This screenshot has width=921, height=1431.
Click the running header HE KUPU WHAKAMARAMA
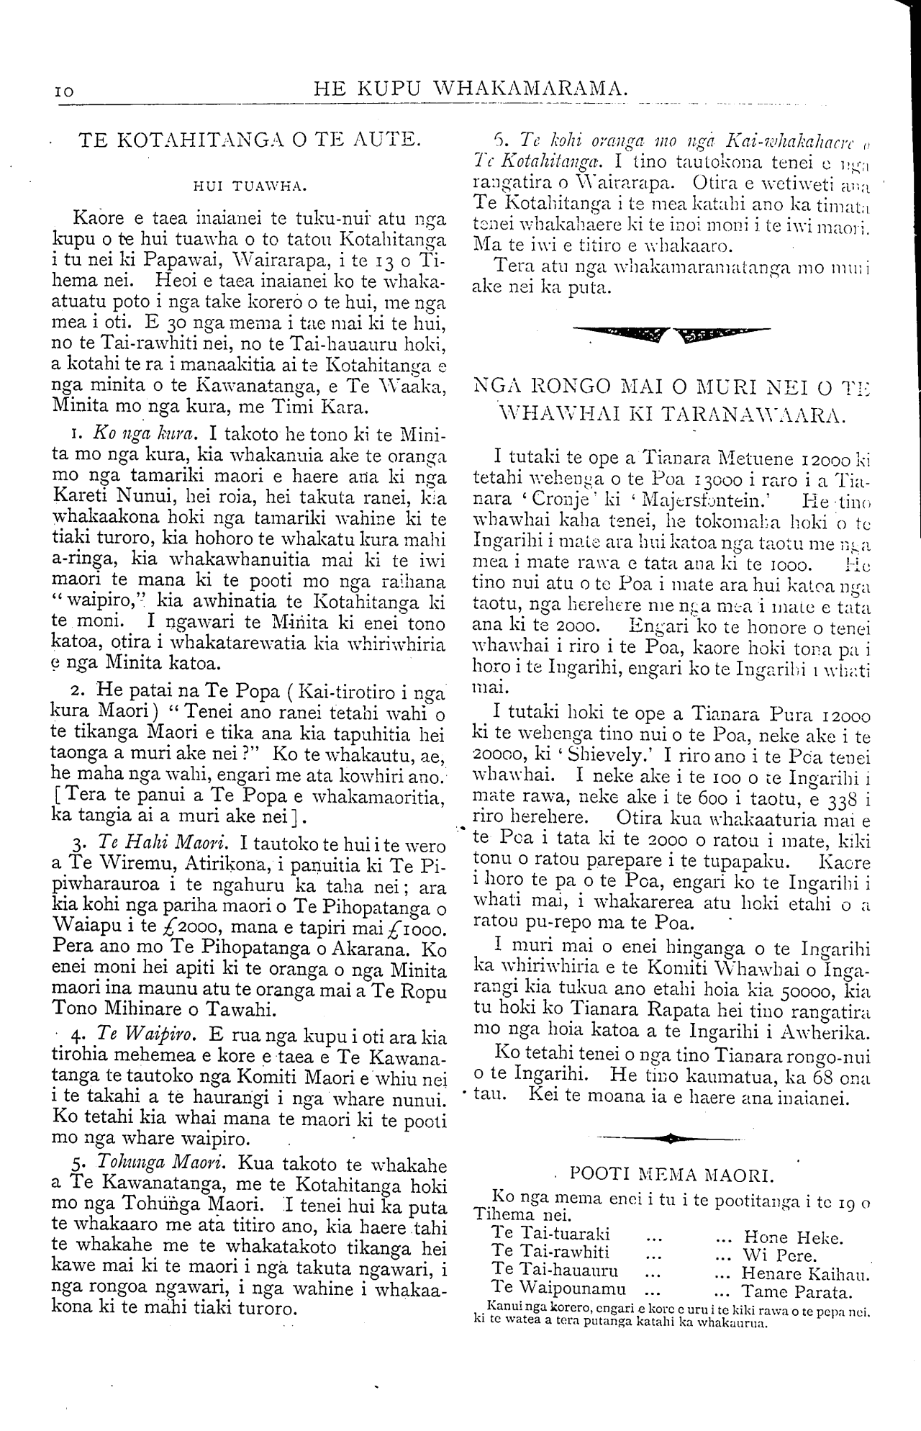[x=469, y=89]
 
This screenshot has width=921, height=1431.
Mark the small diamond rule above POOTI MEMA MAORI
[x=671, y=1138]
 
